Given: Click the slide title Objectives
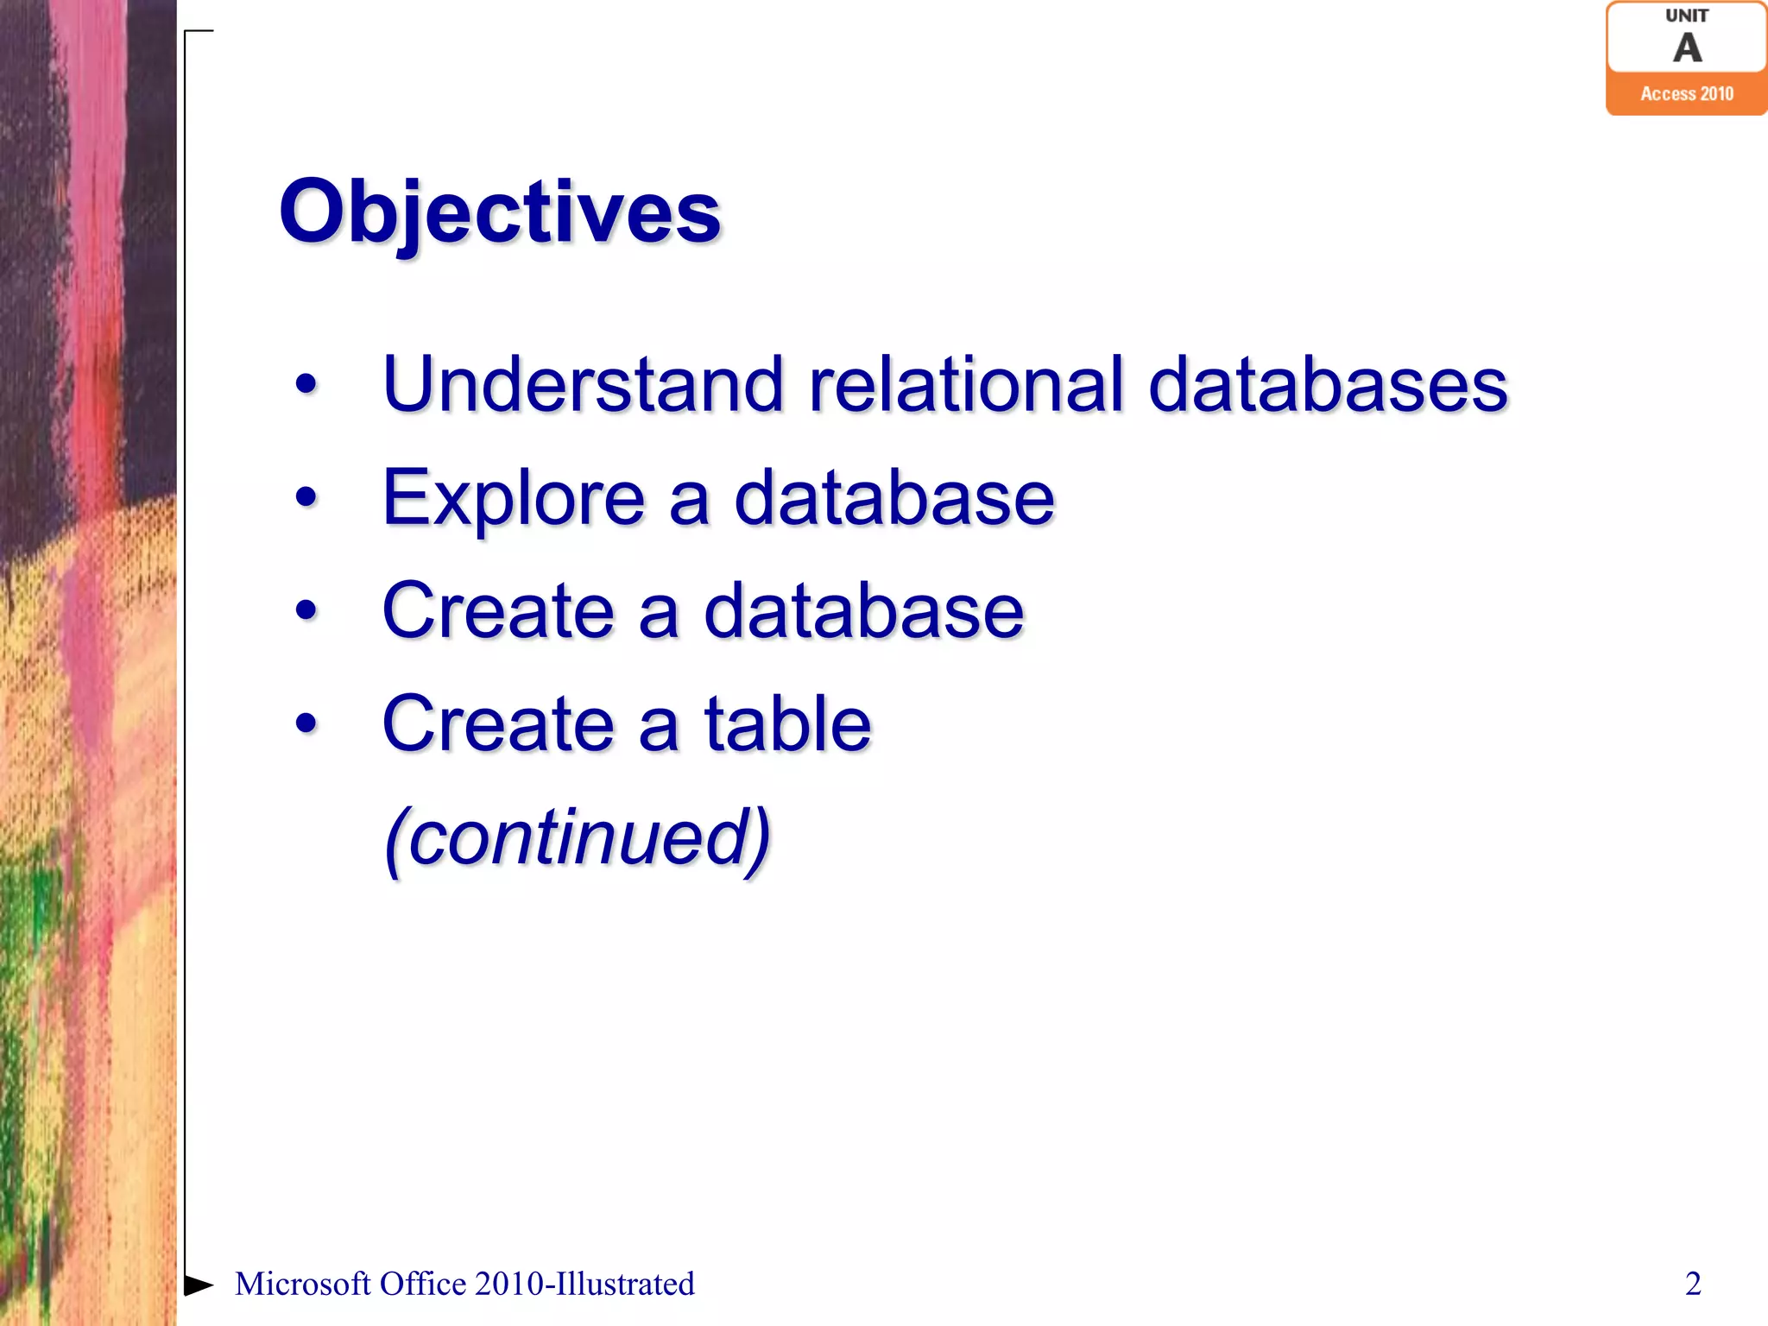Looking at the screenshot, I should pyautogui.click(x=499, y=212).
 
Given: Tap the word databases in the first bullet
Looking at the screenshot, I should pyautogui.click(x=1327, y=384).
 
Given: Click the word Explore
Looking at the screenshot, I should pyautogui.click(x=513, y=499).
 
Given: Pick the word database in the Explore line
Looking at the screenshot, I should pyautogui.click(x=893, y=499).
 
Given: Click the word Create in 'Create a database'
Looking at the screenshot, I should pyautogui.click(x=497, y=611).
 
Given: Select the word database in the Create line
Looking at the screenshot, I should pyautogui.click(x=863, y=611).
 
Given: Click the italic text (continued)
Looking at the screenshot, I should pyautogui.click(x=577, y=837).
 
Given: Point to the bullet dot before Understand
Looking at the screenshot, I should pyautogui.click(x=306, y=385).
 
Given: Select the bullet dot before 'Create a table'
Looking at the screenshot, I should pyautogui.click(x=306, y=723).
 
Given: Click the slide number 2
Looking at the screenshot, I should pyautogui.click(x=1693, y=1284).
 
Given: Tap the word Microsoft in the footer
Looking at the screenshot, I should pyautogui.click(x=302, y=1284).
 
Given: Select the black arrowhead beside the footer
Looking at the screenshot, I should pyautogui.click(x=199, y=1285).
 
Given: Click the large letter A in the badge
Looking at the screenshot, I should pyautogui.click(x=1687, y=48).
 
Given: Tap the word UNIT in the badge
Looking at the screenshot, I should pyautogui.click(x=1686, y=16).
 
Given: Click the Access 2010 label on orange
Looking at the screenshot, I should pyautogui.click(x=1686, y=93).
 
